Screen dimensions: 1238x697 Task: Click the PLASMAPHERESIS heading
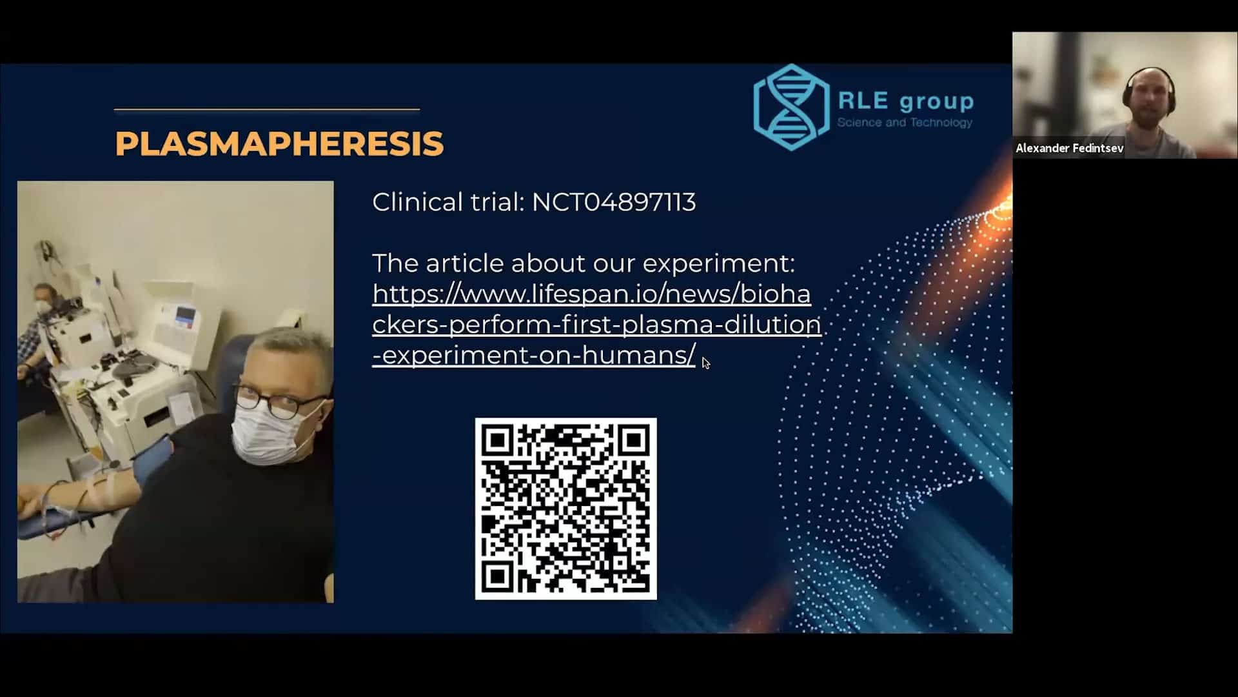click(279, 143)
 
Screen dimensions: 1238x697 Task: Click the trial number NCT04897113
click(614, 203)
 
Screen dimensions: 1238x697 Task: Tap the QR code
click(566, 509)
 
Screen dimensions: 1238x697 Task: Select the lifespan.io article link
click(596, 325)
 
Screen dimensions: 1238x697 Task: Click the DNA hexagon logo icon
click(792, 107)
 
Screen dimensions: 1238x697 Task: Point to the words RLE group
click(906, 101)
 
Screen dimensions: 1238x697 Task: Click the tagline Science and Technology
click(905, 123)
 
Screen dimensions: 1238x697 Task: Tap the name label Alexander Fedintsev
click(1070, 148)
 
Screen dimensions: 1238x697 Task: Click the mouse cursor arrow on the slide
click(706, 363)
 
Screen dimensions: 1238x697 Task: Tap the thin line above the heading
click(267, 110)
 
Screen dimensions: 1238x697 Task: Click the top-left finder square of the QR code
click(498, 441)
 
